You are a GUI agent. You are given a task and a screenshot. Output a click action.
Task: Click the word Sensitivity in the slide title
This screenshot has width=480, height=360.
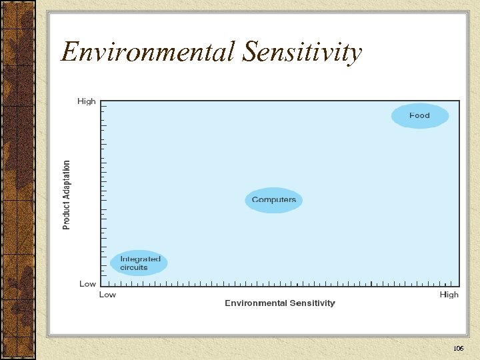click(302, 52)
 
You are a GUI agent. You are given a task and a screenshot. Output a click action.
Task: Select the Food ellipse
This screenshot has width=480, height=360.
click(419, 116)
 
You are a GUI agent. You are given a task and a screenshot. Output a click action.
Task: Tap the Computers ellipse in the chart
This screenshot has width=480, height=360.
click(274, 200)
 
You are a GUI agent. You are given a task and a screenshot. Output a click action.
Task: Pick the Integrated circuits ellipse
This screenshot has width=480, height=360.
click(140, 263)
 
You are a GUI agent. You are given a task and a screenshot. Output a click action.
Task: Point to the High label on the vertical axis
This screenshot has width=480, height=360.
click(87, 101)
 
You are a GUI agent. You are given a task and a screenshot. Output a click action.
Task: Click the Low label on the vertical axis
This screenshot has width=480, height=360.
click(87, 284)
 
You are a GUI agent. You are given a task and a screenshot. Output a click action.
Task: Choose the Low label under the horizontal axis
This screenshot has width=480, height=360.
click(107, 295)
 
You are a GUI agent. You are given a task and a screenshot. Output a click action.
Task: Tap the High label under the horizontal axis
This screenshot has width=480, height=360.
click(449, 295)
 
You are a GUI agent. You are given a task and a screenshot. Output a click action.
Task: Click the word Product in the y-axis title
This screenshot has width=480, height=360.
click(67, 214)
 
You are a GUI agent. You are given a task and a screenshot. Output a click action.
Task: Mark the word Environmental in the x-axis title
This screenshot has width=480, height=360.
click(256, 303)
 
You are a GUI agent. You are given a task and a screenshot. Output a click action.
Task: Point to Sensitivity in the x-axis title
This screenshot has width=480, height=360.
click(313, 303)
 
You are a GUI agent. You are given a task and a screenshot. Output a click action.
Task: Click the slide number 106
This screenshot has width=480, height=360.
click(458, 349)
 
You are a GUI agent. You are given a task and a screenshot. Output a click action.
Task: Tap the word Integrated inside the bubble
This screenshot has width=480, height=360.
click(140, 259)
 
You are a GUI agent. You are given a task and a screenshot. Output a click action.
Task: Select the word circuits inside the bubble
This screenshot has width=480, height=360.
click(133, 268)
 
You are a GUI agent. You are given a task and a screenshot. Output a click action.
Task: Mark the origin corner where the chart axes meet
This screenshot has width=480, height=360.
click(100, 287)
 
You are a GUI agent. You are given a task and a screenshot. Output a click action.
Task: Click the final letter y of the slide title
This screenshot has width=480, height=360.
click(355, 55)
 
